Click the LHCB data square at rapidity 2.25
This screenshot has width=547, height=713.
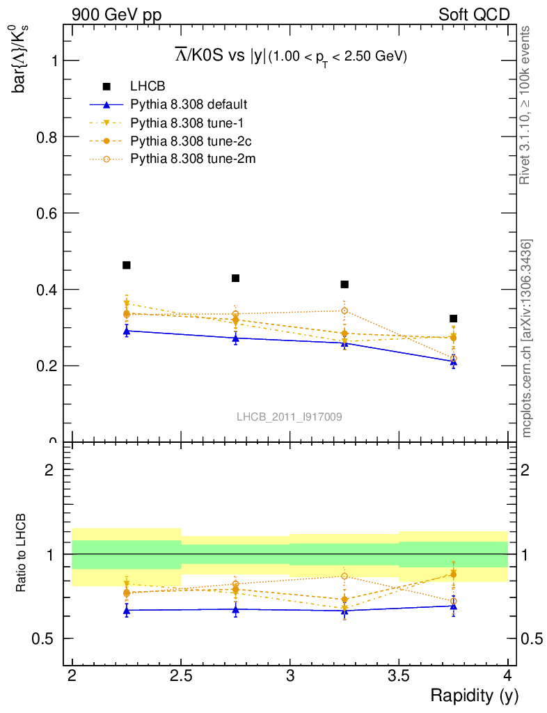127,265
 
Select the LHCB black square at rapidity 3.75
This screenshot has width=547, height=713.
453,319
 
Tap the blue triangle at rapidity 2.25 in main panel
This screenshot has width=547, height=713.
127,331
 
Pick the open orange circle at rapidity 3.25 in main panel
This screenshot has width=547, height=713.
344,311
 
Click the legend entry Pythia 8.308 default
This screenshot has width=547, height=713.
189,104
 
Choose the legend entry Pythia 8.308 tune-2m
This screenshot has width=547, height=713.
193,159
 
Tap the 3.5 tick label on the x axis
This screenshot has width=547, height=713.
399,676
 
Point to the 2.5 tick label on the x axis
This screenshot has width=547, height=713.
181,676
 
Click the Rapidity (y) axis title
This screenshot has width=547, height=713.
474,696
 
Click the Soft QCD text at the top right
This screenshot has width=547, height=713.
474,15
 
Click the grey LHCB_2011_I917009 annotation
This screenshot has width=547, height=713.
289,416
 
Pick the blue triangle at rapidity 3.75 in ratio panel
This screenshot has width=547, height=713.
453,606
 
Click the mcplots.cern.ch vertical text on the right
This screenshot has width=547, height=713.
527,338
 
